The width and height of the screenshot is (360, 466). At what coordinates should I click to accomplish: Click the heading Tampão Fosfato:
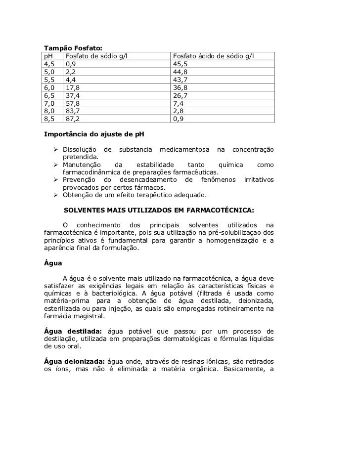pos(73,48)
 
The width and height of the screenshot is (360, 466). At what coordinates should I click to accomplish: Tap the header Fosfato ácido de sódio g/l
pos(214,56)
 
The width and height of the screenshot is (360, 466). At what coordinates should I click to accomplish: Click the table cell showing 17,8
pos(72,87)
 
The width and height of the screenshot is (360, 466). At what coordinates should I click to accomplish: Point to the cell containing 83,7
pos(72,111)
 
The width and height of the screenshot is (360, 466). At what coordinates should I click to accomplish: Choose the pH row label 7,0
pos(49,103)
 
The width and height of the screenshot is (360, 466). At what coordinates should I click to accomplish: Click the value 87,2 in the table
pos(72,119)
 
